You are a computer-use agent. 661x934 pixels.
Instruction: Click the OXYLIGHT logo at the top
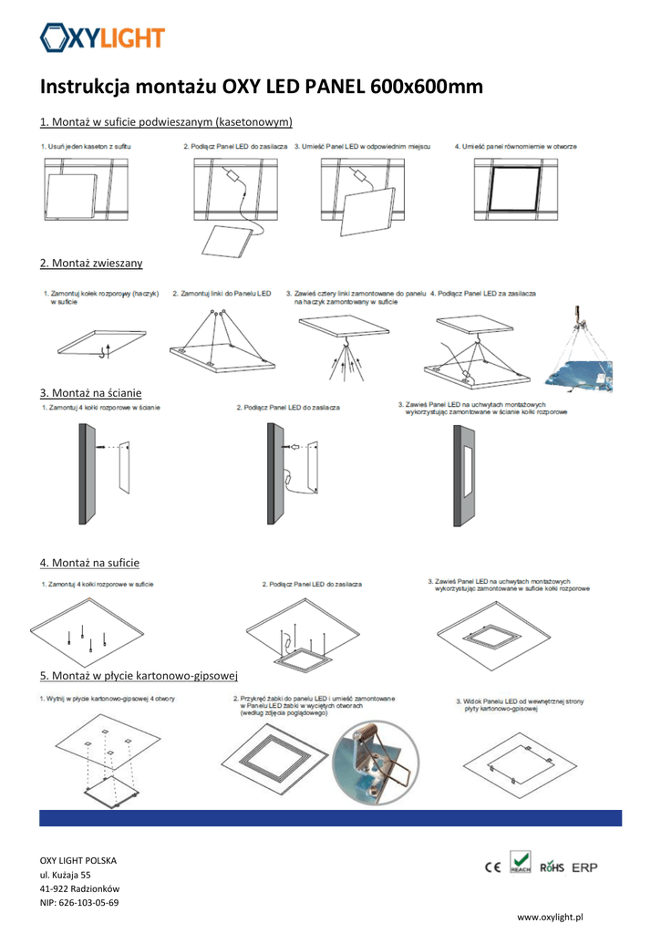(x=102, y=37)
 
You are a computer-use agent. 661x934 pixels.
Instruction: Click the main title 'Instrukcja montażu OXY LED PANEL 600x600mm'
(x=262, y=88)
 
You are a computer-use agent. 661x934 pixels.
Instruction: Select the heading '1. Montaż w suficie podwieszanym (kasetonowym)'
(x=166, y=122)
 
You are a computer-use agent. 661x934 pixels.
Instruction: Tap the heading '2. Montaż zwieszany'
(x=91, y=263)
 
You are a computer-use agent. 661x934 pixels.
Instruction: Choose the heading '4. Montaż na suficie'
(x=89, y=563)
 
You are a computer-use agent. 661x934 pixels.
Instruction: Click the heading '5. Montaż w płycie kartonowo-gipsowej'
(x=139, y=676)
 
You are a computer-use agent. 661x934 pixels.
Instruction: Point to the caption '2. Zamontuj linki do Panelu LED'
(x=222, y=294)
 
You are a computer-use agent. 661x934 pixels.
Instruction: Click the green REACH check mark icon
(x=521, y=862)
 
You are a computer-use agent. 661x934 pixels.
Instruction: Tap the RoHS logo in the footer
(x=553, y=867)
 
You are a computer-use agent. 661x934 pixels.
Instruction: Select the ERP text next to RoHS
(x=584, y=867)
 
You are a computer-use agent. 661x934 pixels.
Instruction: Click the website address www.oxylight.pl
(x=550, y=917)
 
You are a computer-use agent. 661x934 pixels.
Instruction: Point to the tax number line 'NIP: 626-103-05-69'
(x=78, y=903)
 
